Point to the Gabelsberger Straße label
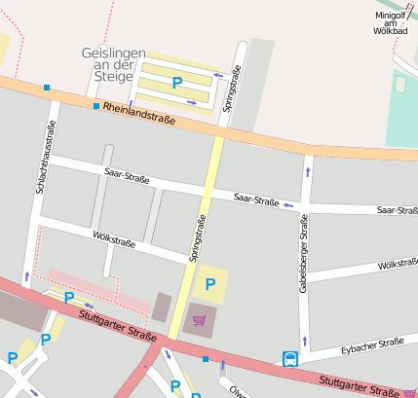coord(304,255)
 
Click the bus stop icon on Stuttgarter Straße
coord(290,359)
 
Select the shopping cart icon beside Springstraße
coord(200,319)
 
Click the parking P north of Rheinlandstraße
coord(177,84)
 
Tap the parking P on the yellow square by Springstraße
coord(209,285)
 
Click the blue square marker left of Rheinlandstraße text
coord(96,105)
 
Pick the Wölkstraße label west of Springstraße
coord(113,236)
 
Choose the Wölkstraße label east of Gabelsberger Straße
coord(398,264)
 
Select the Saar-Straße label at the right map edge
coord(397,209)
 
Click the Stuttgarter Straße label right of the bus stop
coord(359,385)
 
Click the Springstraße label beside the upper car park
coord(234,89)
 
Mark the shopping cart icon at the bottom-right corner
coord(409,392)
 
